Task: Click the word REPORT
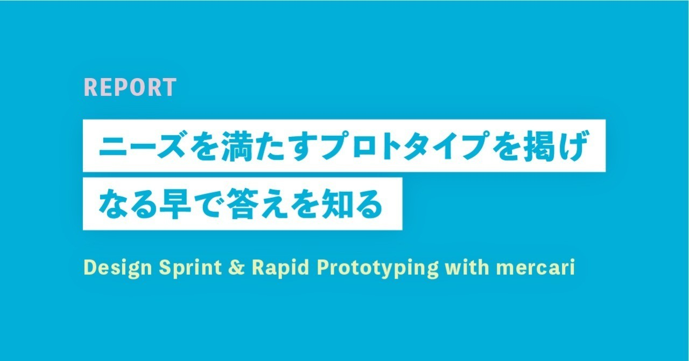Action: pos(130,87)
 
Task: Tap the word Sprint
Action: pos(190,268)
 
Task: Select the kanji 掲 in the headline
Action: pos(539,145)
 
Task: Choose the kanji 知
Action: pos(336,204)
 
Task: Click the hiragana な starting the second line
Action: pos(113,204)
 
